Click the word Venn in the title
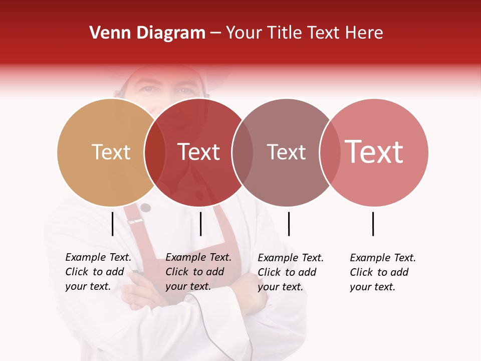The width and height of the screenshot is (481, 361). (x=110, y=33)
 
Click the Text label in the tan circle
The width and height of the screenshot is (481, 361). (x=111, y=152)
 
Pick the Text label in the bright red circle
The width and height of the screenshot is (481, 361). (x=198, y=152)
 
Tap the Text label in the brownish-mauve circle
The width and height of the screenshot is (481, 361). (x=286, y=152)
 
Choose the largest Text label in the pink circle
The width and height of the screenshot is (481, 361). (x=374, y=152)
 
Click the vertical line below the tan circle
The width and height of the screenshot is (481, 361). (x=112, y=224)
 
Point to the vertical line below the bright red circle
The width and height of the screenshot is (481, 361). (x=200, y=224)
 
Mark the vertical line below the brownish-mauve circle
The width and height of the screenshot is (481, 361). (x=289, y=224)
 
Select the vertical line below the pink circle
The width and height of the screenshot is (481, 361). (x=373, y=224)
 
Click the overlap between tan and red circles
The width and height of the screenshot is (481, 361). (x=155, y=152)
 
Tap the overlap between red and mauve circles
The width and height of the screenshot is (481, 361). (x=243, y=152)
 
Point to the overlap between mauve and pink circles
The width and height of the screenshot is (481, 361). (x=330, y=152)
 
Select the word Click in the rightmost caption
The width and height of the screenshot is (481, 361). (x=362, y=272)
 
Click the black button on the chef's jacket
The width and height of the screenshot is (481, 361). (x=145, y=208)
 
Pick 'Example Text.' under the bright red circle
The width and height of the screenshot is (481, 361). (x=198, y=257)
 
